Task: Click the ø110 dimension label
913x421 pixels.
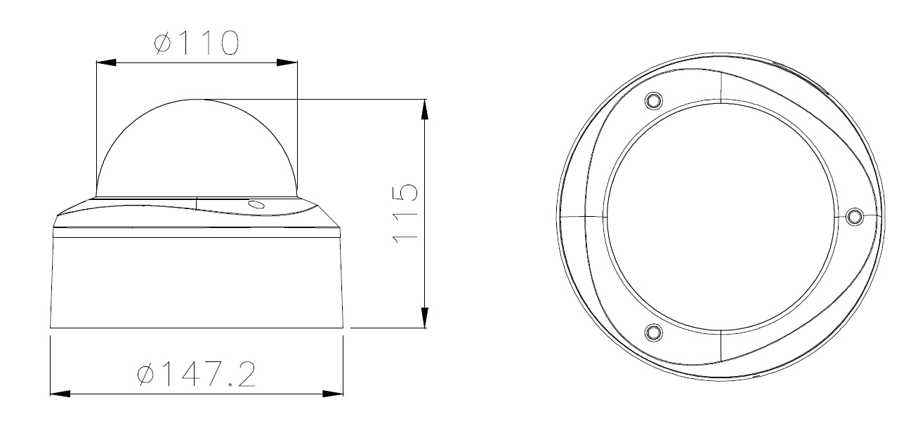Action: [x=197, y=43]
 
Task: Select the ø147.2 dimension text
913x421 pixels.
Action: [x=197, y=374]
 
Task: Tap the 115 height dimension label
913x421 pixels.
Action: [x=405, y=214]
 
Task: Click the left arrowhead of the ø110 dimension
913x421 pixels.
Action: [x=106, y=62]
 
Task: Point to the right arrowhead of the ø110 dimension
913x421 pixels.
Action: [x=287, y=62]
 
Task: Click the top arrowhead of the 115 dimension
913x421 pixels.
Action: [x=425, y=109]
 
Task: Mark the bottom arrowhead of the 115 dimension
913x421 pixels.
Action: [x=425, y=317]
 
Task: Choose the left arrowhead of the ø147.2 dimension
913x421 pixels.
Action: [x=60, y=394]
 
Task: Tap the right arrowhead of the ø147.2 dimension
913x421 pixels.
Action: [x=333, y=394]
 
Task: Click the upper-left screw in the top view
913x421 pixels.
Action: [x=653, y=100]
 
